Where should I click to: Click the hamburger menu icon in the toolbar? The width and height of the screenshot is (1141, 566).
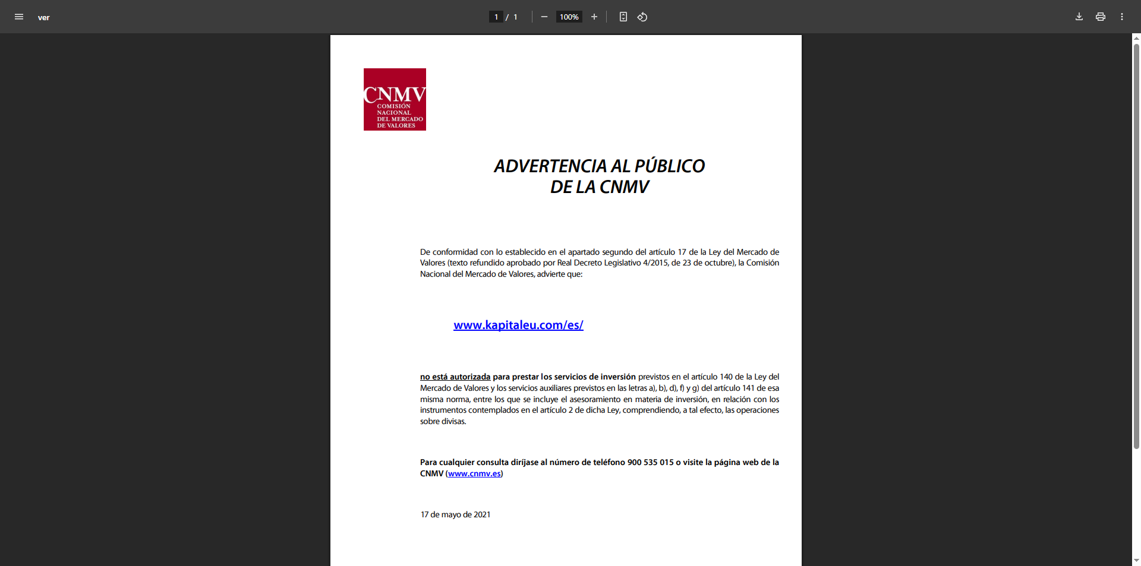[x=19, y=17]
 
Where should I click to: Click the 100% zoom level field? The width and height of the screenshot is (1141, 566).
[x=569, y=17]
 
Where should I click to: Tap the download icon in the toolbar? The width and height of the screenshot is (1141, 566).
[x=1079, y=17]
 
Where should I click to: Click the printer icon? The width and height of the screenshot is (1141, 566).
[x=1101, y=17]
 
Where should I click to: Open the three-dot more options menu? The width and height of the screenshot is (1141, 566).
[x=1122, y=17]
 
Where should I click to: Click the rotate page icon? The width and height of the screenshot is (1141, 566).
[x=642, y=17]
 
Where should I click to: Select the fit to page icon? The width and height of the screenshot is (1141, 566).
[x=623, y=17]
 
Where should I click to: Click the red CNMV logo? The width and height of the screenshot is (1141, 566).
[x=395, y=99]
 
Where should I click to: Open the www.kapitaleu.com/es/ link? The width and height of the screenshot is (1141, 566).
[x=518, y=325]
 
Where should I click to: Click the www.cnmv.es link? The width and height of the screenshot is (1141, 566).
[x=474, y=473]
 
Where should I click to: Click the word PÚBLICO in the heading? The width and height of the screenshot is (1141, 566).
[x=670, y=166]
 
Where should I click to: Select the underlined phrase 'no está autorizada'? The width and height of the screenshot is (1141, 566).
[x=455, y=377]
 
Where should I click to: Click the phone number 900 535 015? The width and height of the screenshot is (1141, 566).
[x=650, y=462]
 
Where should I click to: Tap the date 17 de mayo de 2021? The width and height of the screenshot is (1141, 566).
[x=456, y=514]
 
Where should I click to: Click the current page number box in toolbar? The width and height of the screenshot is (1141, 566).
[x=496, y=17]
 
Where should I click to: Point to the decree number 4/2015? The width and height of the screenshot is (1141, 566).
[x=655, y=263]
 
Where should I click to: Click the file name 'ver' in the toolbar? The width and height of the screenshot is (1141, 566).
[x=43, y=17]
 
